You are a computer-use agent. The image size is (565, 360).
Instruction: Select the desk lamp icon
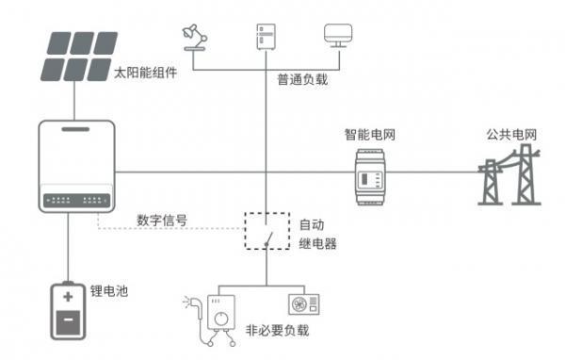pos(193,37)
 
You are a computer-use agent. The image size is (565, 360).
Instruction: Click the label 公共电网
pos(509,135)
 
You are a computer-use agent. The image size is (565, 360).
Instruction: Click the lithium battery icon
pos(69,311)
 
